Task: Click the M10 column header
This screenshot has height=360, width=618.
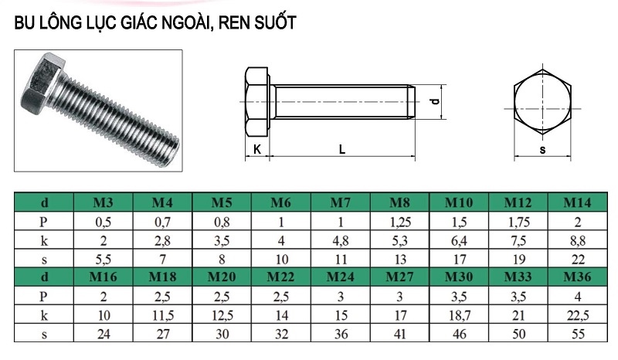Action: (x=459, y=202)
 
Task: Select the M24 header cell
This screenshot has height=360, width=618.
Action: (x=340, y=277)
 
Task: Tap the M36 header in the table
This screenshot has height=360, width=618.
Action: (x=577, y=277)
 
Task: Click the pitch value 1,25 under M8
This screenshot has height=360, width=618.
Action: (x=399, y=222)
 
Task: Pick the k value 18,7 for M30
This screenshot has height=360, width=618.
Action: (x=459, y=315)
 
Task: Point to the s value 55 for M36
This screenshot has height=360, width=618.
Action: (x=578, y=334)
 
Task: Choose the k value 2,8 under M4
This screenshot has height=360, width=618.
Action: (x=162, y=241)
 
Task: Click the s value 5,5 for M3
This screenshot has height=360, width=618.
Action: (x=104, y=260)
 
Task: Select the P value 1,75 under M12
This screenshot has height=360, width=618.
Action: (x=518, y=222)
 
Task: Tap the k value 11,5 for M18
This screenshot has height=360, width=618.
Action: (x=163, y=315)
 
